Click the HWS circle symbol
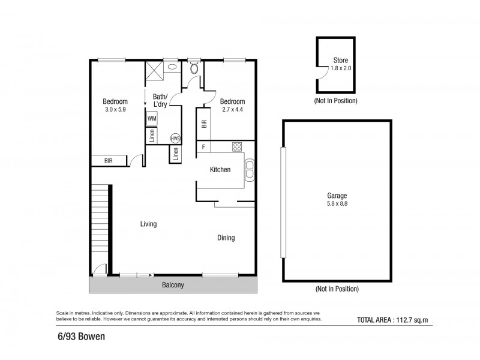[175, 138]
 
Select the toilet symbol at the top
[193, 69]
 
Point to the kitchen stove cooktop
[237, 146]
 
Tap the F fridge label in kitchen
[204, 146]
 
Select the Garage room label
[337, 196]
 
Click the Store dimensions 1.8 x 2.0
[340, 69]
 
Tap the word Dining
[226, 238]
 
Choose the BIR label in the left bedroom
[109, 161]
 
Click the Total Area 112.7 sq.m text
[394, 319]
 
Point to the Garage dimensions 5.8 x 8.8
[337, 204]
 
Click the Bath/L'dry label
[160, 100]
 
